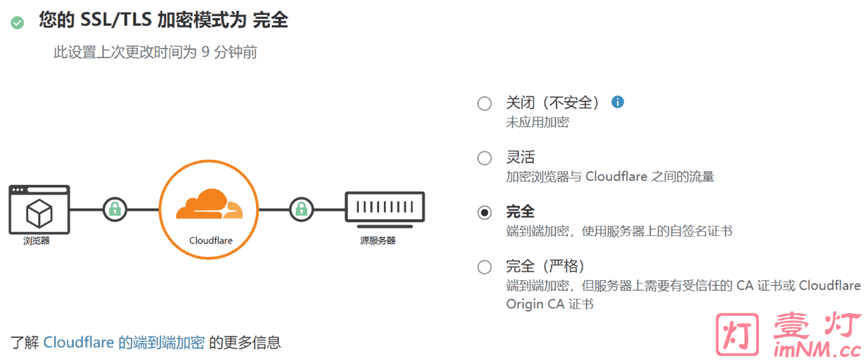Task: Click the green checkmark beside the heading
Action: tap(18, 23)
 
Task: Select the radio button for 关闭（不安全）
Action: tap(484, 104)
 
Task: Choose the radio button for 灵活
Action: tap(484, 158)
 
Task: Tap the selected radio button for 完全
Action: tap(484, 212)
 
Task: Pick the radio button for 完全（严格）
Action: tap(484, 266)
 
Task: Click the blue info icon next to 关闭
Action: tap(617, 102)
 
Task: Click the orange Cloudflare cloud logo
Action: tap(208, 204)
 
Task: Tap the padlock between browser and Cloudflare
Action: tap(115, 209)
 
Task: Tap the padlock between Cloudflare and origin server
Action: tap(301, 209)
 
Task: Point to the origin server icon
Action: tap(384, 208)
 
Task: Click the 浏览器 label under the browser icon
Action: tap(37, 241)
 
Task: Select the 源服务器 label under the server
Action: tap(378, 241)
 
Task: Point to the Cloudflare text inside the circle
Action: tap(210, 241)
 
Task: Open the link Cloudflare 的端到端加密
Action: tap(123, 342)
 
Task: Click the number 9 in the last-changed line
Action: tap(205, 52)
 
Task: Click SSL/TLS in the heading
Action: tap(116, 21)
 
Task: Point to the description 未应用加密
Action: tap(537, 123)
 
